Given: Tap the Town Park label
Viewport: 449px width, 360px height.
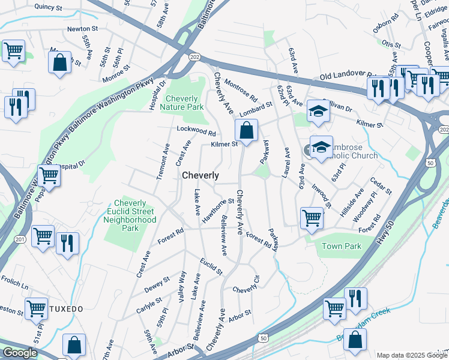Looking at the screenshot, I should pos(342,246).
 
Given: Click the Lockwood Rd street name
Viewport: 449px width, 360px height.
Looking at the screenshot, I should pos(196,130).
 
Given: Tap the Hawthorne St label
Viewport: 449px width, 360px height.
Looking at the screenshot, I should pos(217,211).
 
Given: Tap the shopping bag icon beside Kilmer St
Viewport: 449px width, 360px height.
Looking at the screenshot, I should pos(246,130).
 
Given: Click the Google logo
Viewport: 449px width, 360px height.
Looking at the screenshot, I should pos(19,353).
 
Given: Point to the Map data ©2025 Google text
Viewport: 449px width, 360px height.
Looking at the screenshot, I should pos(412,355).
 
